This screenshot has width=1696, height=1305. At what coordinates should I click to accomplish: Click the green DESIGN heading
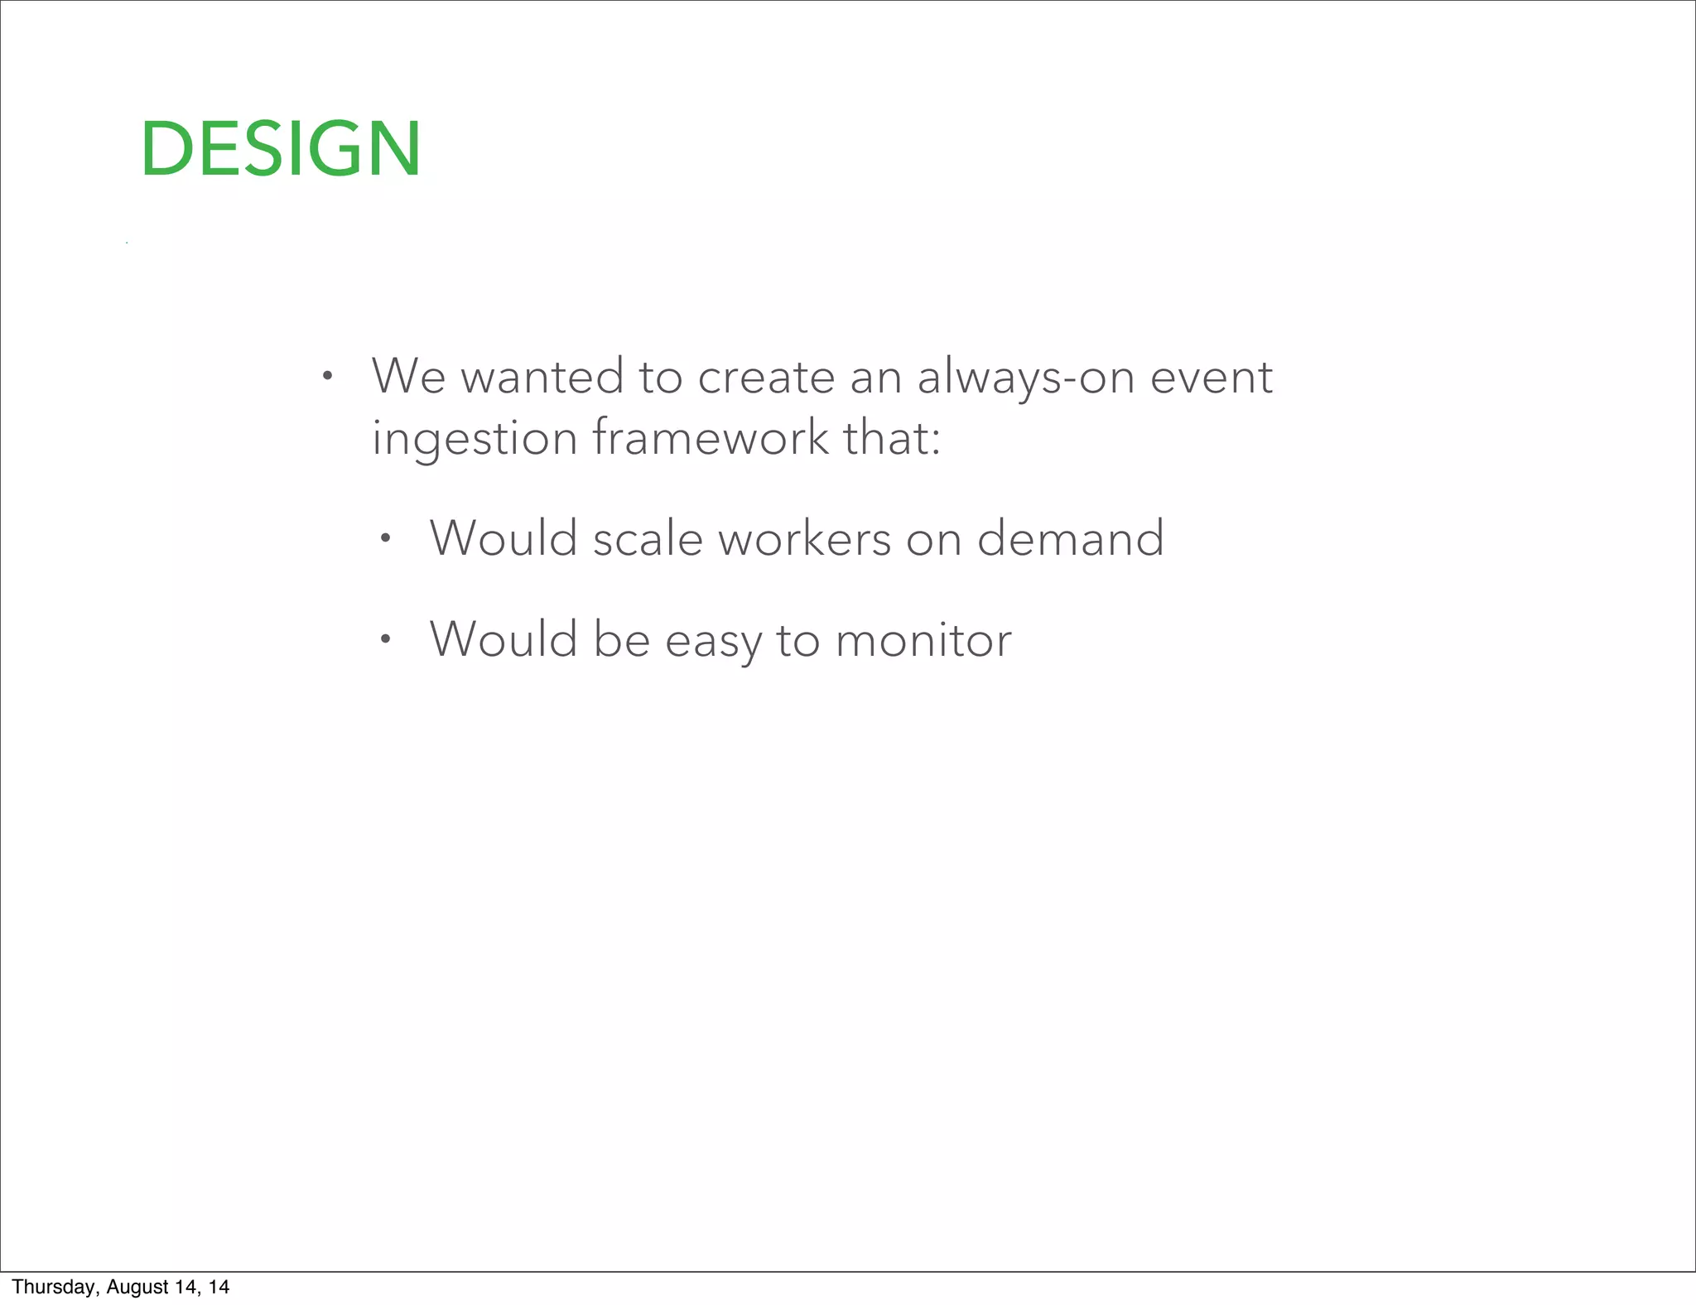coord(281,149)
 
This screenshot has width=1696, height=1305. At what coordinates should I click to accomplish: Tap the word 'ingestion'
coord(474,439)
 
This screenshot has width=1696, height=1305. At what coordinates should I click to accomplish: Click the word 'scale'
coord(648,538)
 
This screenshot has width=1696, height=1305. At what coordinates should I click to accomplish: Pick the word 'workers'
coord(804,538)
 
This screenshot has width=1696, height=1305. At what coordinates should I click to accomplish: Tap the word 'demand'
coord(1070,538)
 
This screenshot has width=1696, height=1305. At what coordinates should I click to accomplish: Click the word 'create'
coord(766,378)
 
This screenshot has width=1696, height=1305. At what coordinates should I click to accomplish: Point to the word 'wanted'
coord(542,378)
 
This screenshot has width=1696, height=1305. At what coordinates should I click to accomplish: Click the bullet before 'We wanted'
coord(328,377)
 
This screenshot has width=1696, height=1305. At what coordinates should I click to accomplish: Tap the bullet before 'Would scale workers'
coord(385,539)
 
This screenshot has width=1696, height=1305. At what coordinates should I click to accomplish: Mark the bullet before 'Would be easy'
coord(385,639)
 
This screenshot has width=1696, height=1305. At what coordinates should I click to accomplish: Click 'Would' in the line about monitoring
coord(503,640)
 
